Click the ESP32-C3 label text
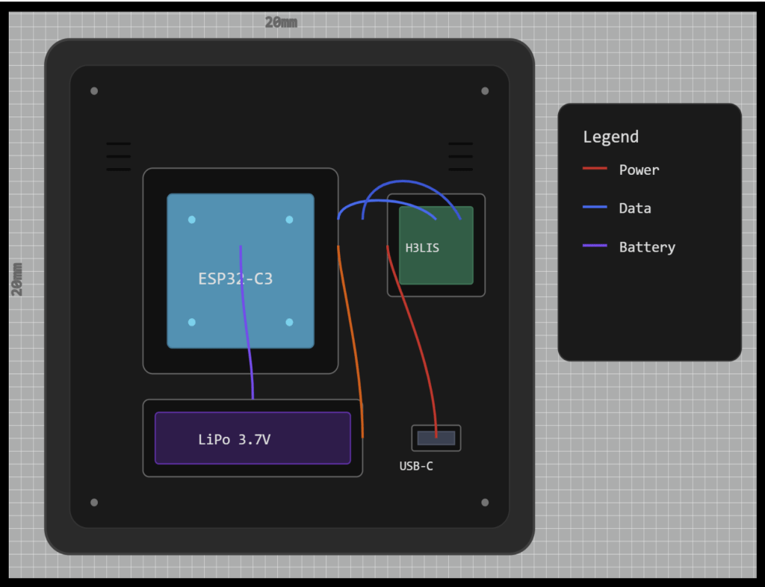tap(235, 279)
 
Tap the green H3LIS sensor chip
tap(436, 245)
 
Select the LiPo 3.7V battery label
tap(234, 440)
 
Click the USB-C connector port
tap(436, 438)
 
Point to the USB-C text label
tap(416, 467)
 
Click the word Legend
tap(610, 137)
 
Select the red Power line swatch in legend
tap(595, 169)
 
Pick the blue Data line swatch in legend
tap(595, 208)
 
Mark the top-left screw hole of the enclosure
tap(94, 91)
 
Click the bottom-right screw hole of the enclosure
tap(485, 503)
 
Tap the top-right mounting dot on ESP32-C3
tap(289, 220)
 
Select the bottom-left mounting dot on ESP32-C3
tap(192, 322)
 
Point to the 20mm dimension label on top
tap(281, 22)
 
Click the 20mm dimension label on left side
tap(17, 279)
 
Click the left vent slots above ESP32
tap(118, 156)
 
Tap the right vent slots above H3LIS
tap(460, 156)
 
